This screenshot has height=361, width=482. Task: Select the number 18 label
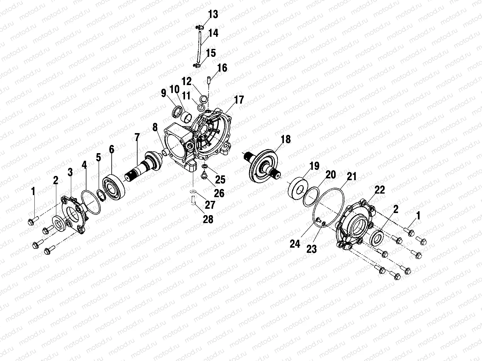pos(285,139)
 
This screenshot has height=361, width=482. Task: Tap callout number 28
pos(208,219)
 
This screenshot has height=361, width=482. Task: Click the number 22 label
pos(380,190)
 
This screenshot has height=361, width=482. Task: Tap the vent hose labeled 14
pos(199,46)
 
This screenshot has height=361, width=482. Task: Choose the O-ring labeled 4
pos(93,201)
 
